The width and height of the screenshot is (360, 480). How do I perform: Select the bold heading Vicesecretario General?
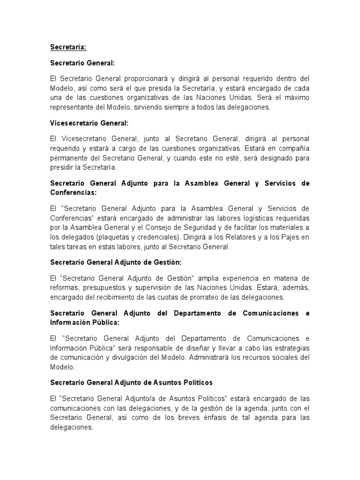(89, 123)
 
